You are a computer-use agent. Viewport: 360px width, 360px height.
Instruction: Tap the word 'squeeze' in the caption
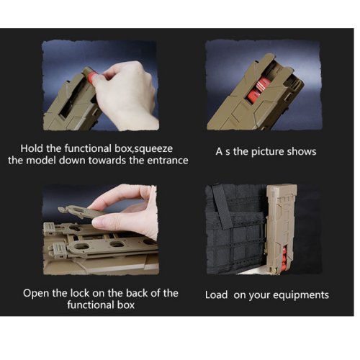[x=153, y=149]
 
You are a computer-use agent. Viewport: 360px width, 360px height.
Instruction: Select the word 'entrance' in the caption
[x=168, y=161]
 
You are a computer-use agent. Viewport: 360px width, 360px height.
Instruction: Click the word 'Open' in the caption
[x=36, y=294]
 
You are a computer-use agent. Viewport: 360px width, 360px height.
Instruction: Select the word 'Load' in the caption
[x=216, y=295]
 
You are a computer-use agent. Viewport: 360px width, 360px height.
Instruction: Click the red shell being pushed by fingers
[x=92, y=76]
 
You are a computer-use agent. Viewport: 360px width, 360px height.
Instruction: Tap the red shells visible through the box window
[x=258, y=91]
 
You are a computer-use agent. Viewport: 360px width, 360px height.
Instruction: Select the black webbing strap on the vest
[x=222, y=207]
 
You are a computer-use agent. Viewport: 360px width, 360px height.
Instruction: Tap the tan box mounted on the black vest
[x=282, y=229]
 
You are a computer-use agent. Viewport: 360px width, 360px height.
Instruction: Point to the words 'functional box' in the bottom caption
[x=101, y=305]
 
